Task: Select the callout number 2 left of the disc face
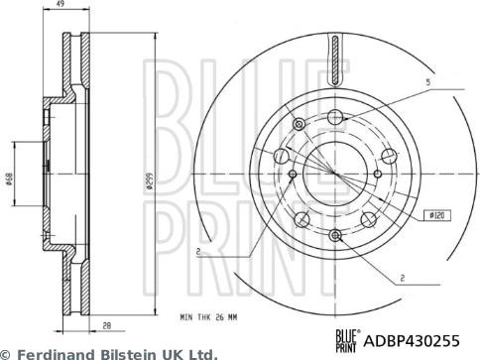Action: (197, 252)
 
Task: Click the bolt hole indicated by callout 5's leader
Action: (338, 117)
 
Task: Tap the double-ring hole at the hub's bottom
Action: (337, 234)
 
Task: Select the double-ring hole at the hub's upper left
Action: (282, 156)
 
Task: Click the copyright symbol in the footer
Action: (6, 352)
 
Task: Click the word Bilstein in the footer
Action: (133, 352)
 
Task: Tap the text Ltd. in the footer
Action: (201, 352)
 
